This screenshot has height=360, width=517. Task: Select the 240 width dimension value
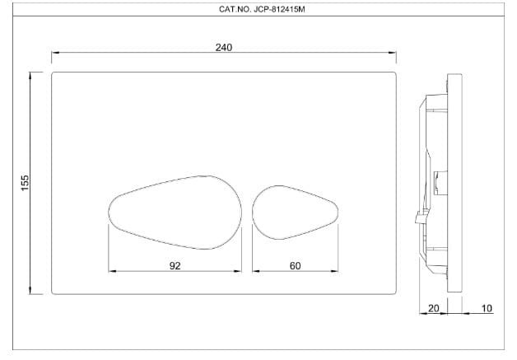(223, 47)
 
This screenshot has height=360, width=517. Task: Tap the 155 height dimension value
(25, 180)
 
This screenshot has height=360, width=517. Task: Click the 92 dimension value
(175, 265)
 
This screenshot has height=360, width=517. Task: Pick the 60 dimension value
(296, 265)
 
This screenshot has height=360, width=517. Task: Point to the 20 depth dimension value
(434, 308)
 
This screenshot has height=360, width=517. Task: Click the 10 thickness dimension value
(487, 308)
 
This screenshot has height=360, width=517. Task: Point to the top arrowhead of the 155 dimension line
(31, 75)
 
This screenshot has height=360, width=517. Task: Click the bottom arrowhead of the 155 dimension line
(31, 291)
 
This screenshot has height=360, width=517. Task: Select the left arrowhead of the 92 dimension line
(112, 270)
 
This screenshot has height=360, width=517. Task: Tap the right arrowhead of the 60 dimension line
(335, 270)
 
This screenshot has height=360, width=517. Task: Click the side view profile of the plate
(440, 181)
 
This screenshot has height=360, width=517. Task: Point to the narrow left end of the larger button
(109, 209)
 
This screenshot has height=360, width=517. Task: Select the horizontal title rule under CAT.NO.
(258, 18)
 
